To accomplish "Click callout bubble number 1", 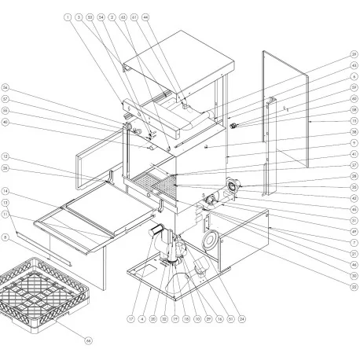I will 68,17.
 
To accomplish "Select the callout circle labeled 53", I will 90,17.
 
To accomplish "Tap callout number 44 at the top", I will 145,17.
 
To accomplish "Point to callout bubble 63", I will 123,17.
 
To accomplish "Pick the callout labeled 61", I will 134,17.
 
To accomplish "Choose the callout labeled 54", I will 101,17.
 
